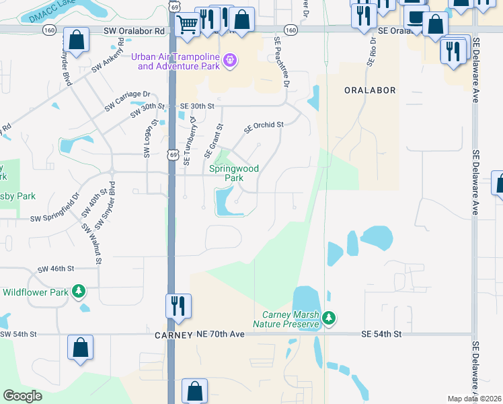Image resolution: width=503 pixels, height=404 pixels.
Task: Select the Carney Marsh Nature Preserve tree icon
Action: pyautogui.click(x=328, y=317)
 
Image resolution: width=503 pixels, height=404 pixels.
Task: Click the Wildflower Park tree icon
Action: pyautogui.click(x=79, y=291)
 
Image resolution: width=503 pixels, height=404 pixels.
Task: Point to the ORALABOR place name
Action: pyautogui.click(x=370, y=90)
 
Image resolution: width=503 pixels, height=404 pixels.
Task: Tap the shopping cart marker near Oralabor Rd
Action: pyautogui.click(x=187, y=24)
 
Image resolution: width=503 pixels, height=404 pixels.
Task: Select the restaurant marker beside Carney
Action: pyautogui.click(x=179, y=306)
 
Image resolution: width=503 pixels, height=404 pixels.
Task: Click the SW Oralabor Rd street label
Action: pyautogui.click(x=134, y=31)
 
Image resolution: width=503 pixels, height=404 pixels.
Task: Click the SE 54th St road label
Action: pyautogui.click(x=381, y=334)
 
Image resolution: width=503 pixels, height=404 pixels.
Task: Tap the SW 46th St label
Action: pyautogui.click(x=55, y=269)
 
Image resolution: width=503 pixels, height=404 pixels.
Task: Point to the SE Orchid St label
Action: pyautogui.click(x=264, y=125)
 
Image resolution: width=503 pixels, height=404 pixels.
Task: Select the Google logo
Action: pyautogui.click(x=22, y=396)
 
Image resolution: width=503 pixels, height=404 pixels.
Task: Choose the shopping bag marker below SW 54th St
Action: pyautogui.click(x=80, y=349)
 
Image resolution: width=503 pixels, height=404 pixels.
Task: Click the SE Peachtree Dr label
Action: pyautogui.click(x=281, y=62)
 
